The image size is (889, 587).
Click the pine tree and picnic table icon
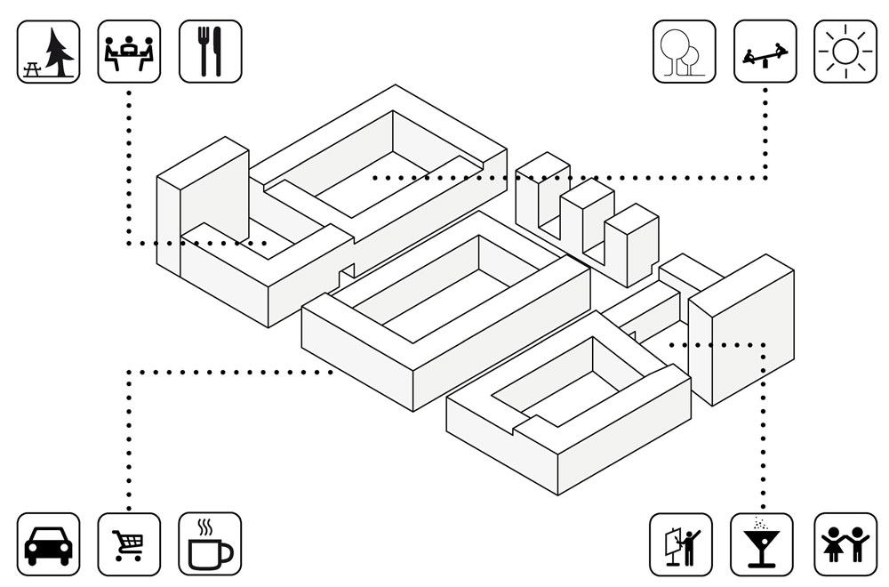pos(48,52)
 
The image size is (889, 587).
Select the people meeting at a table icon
pos(129,52)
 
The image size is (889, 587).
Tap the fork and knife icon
pos(210,52)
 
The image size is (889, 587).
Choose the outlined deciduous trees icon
pos(684,52)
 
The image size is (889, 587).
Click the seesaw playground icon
pos(765,52)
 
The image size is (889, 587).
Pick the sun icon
pos(845,52)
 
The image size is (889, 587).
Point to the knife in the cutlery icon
pos(217,52)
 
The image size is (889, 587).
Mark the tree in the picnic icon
pos(60,50)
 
